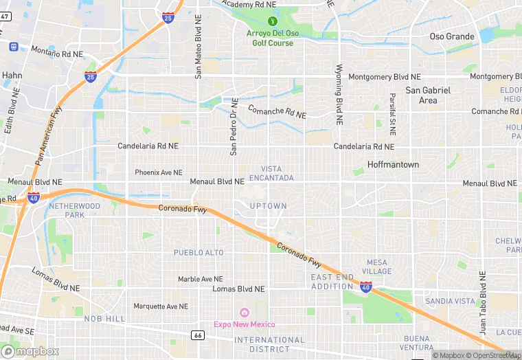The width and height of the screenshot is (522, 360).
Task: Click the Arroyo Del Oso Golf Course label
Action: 271,38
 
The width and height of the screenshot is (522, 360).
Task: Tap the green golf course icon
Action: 271,20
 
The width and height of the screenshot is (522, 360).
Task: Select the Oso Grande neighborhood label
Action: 451,36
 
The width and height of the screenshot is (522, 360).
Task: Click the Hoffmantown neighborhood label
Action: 393,165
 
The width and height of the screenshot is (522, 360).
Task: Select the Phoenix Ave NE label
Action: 159,172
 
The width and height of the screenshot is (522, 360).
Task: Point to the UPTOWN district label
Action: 268,206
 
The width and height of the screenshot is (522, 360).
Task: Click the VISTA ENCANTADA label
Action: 277,173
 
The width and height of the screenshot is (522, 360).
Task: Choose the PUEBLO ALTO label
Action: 198,253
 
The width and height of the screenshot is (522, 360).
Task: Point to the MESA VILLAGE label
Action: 378,267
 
